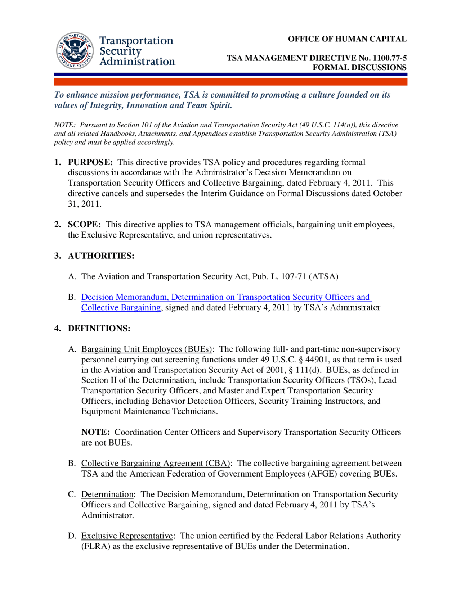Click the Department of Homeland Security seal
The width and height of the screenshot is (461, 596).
[x=75, y=51]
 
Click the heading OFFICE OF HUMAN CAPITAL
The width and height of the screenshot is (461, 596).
[x=347, y=39]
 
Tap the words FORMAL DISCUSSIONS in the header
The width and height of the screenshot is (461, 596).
[x=359, y=67]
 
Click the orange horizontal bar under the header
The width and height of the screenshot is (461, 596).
[x=230, y=82]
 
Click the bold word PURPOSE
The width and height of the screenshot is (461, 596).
[x=90, y=162]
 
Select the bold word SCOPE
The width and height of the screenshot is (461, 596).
[x=84, y=225]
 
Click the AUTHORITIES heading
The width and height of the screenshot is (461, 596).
[x=101, y=256]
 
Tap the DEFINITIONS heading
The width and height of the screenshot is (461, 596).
[x=99, y=328]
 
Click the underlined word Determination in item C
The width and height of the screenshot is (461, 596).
[x=107, y=495]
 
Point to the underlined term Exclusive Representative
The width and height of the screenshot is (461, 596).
[x=127, y=536]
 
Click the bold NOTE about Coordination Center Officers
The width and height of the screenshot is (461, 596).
[x=95, y=432]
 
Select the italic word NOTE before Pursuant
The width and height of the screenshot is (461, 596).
[x=64, y=125]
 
